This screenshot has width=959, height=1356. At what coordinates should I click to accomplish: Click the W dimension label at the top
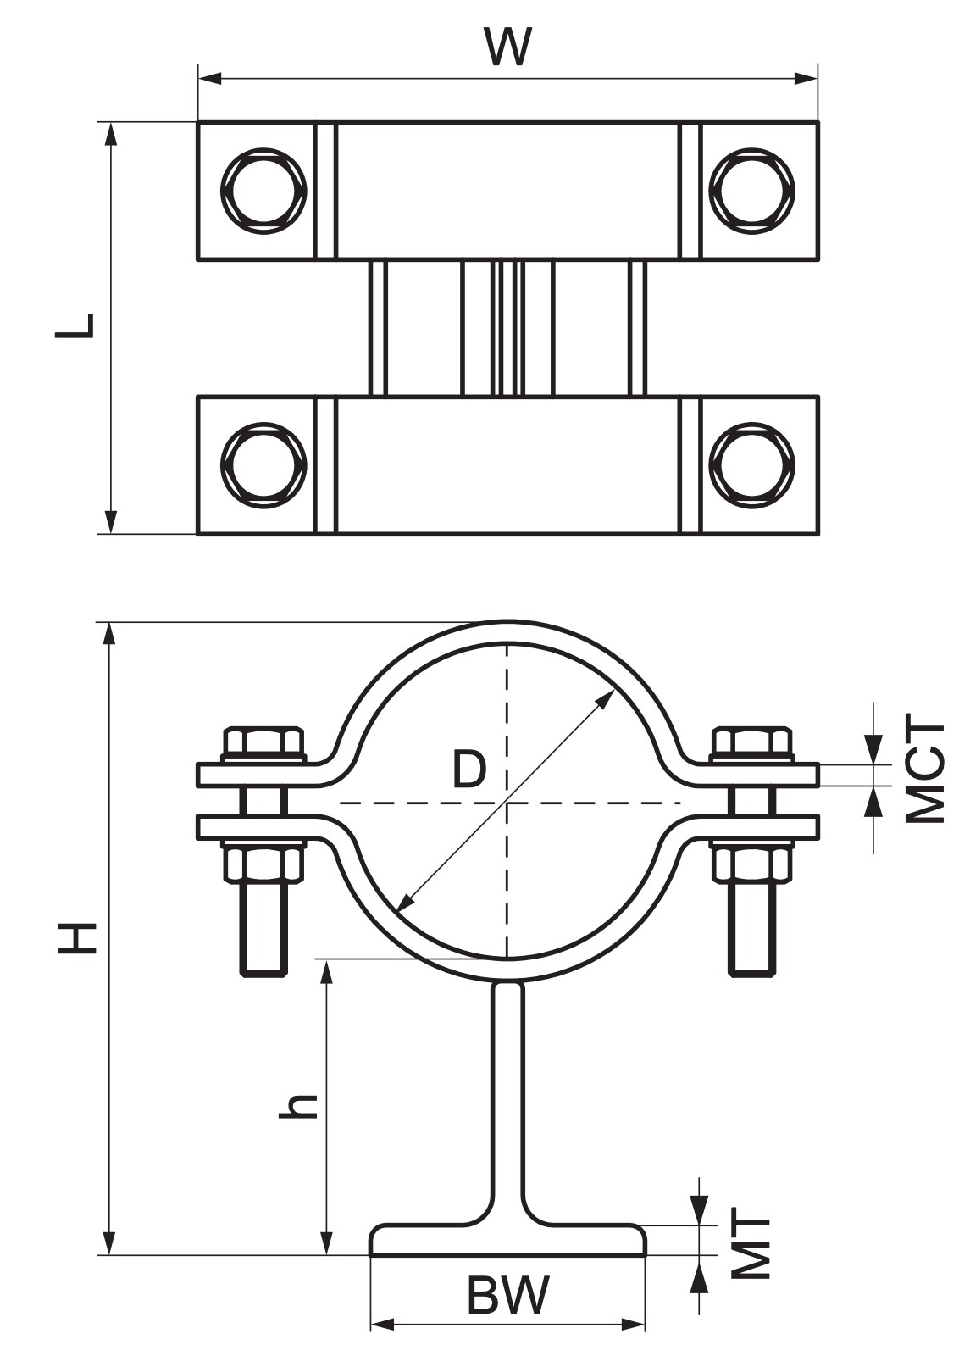click(x=508, y=47)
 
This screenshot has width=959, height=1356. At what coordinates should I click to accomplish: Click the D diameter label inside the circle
click(x=469, y=768)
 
